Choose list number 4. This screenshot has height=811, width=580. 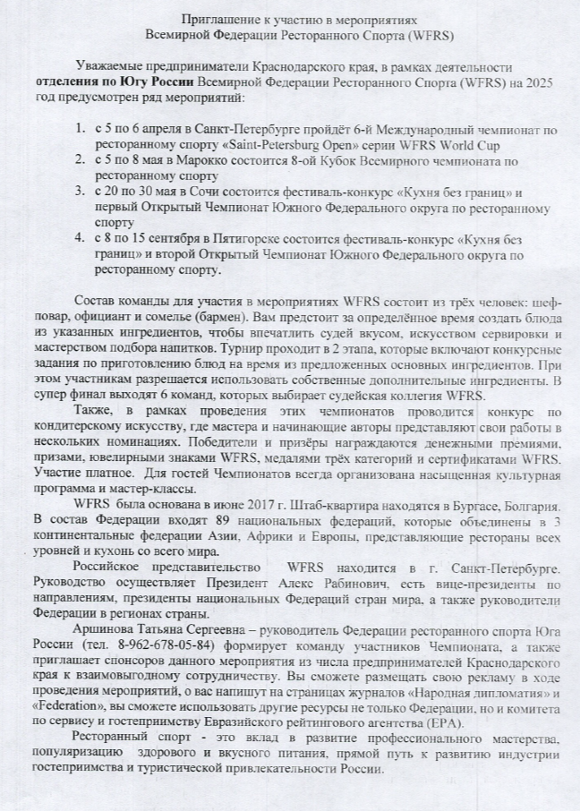point(81,240)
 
